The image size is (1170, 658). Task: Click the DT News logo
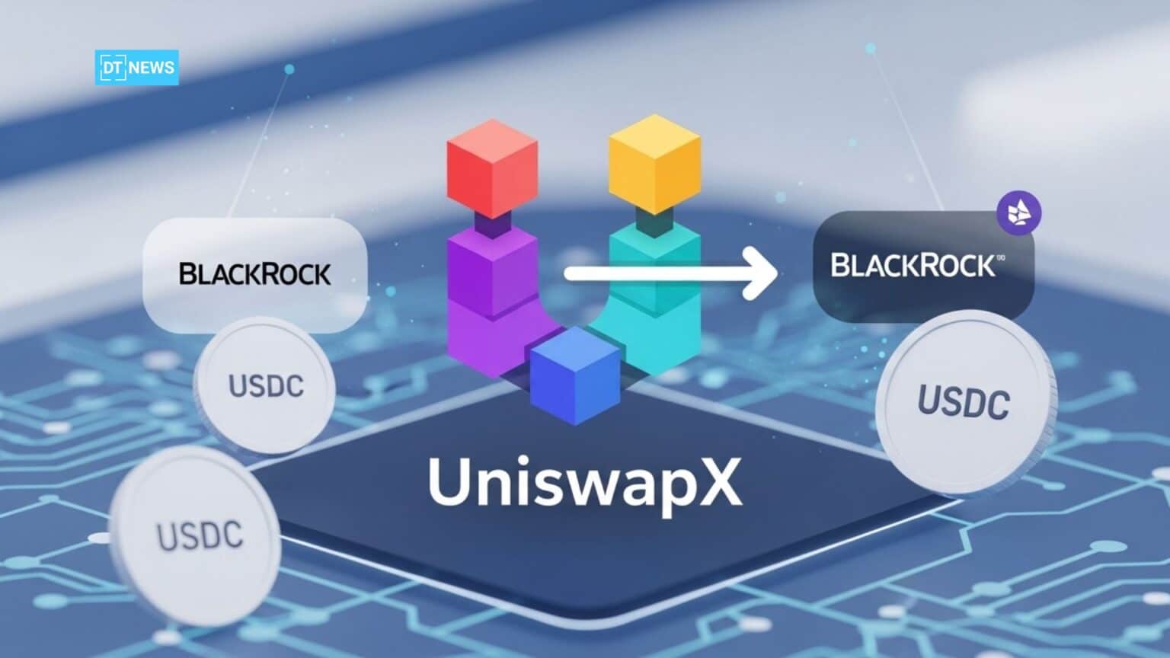137,67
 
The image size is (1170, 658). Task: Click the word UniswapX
584,483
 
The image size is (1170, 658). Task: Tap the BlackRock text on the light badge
254,274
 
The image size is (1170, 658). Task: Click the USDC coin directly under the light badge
265,385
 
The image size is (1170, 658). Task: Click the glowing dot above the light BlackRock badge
289,69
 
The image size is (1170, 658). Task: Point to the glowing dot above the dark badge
870,48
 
